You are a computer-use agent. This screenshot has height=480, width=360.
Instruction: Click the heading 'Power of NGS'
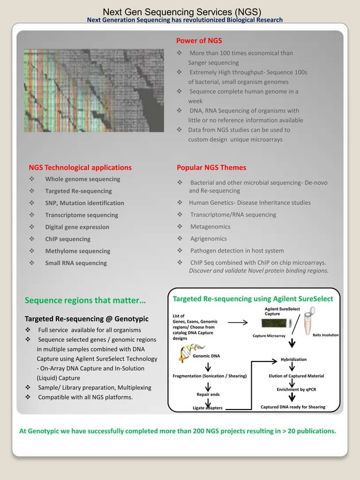click(199, 41)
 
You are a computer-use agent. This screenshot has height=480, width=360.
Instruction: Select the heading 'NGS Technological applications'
click(80, 168)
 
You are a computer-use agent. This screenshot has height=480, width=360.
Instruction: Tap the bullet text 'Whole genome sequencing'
click(82, 179)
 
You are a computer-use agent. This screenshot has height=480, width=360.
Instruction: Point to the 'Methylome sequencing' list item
click(78, 251)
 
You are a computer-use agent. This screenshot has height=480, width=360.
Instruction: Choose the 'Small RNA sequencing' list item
click(76, 263)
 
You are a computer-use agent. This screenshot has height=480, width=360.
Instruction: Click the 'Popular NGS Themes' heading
click(212, 168)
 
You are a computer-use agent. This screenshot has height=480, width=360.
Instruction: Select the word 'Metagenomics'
click(210, 227)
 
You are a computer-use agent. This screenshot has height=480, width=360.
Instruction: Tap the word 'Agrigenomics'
click(208, 239)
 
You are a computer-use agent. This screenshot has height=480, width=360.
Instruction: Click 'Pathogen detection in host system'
click(237, 250)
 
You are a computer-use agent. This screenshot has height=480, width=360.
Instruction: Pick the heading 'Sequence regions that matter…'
click(85, 299)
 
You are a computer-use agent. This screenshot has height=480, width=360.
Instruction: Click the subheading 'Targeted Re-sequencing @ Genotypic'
click(86, 319)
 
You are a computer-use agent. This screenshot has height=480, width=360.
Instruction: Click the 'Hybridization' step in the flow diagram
click(293, 359)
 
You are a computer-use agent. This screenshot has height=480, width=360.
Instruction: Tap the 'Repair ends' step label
click(208, 394)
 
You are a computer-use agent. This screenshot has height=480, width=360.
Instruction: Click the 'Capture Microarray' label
click(269, 336)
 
